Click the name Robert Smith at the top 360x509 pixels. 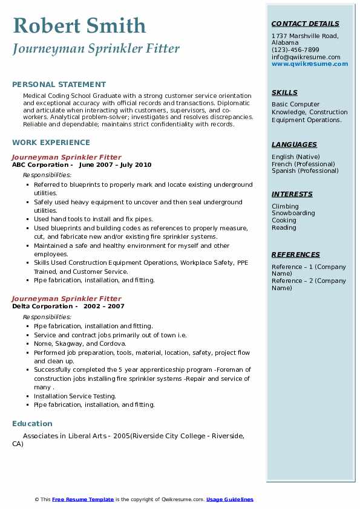point(79,25)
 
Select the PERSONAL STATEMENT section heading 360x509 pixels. point(59,85)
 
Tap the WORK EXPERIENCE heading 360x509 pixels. point(51,143)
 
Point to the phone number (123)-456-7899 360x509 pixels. point(295,50)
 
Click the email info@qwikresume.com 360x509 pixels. point(306,57)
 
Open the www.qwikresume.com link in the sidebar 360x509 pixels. point(310,63)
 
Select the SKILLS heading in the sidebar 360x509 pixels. point(284,92)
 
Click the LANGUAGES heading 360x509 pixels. point(294,144)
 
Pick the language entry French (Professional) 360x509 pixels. point(303,164)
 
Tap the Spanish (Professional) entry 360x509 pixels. point(304,170)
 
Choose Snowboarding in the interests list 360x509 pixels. point(293,213)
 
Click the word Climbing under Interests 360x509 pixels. point(285,206)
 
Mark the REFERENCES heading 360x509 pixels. point(296,254)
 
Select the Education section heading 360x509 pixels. point(32,423)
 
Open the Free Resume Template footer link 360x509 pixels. point(83,499)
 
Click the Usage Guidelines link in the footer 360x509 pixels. point(230,499)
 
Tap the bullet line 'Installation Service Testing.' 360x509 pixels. point(75,397)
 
